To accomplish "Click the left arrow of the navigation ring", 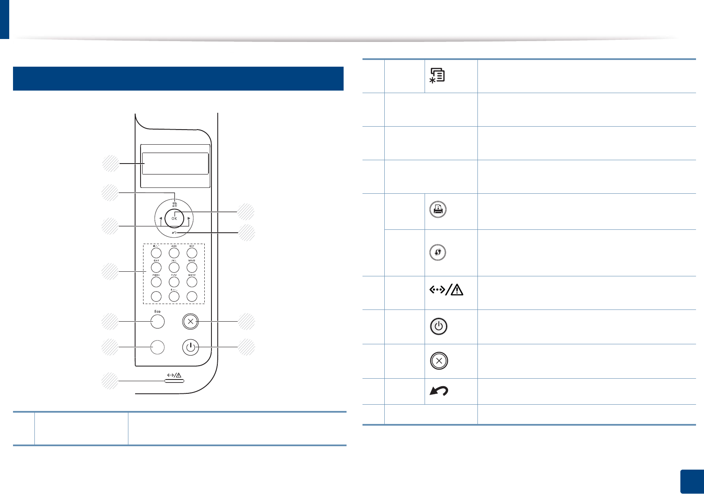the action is point(161,218).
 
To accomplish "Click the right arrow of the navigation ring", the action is point(189,218).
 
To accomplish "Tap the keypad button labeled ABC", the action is point(174,253).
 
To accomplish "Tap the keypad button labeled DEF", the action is point(192,253).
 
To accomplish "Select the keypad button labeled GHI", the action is point(156,267).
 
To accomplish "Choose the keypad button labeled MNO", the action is point(192,267).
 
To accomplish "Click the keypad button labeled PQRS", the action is point(156,282).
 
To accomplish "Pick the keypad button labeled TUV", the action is point(174,282).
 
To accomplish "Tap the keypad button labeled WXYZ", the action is point(192,282).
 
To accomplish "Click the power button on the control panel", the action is point(190,347).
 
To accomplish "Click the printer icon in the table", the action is point(438,210).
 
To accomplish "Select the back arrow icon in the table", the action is point(439,391).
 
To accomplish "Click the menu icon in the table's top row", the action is point(437,75).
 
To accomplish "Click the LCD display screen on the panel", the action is point(175,163).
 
